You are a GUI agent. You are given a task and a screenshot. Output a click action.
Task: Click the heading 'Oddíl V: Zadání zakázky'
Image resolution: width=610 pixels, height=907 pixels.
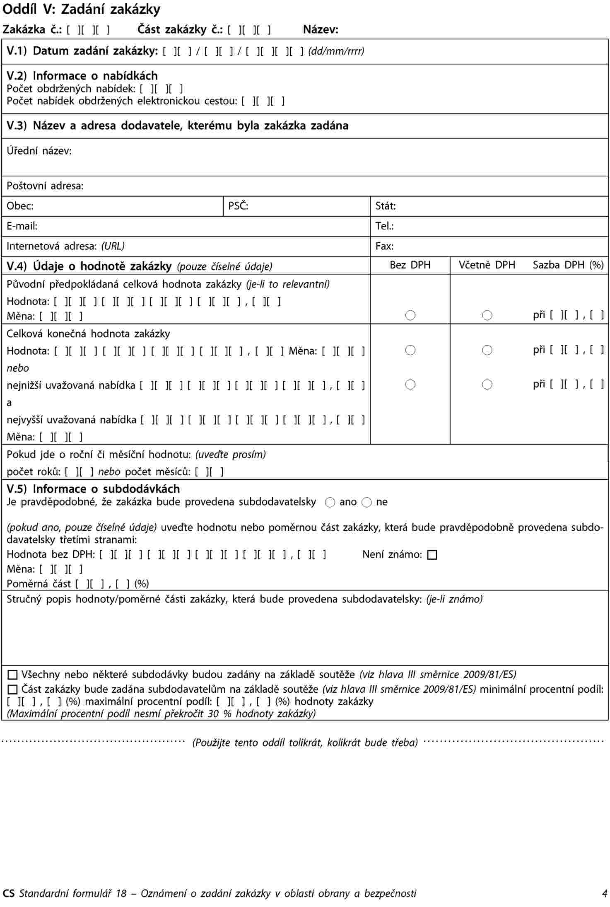click(82, 10)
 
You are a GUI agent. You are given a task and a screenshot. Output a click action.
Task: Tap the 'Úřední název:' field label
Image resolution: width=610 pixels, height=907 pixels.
click(39, 151)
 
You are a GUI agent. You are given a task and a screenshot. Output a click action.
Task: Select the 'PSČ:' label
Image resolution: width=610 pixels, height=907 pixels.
click(238, 206)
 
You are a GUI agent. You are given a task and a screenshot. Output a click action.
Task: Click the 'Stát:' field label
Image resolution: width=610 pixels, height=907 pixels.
click(386, 206)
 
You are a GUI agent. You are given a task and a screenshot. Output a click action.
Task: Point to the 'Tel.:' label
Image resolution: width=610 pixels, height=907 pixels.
click(384, 226)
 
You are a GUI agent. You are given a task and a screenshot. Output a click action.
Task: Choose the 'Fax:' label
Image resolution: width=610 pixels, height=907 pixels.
click(384, 247)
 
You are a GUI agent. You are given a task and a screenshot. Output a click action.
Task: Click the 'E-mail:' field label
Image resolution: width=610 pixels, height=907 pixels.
click(22, 226)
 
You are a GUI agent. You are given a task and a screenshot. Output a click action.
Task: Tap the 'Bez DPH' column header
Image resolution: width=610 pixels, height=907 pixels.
click(410, 265)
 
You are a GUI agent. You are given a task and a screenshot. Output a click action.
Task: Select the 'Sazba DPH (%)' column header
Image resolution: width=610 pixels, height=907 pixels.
click(568, 265)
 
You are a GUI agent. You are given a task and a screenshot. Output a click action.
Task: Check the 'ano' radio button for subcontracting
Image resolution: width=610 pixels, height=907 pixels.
click(330, 503)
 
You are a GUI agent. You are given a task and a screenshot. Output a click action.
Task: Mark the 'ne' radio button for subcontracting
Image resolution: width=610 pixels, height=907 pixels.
click(366, 503)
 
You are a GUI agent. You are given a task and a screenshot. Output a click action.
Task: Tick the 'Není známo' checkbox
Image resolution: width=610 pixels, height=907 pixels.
click(432, 555)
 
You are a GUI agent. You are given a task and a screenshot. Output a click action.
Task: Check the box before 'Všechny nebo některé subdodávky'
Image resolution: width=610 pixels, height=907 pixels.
click(13, 675)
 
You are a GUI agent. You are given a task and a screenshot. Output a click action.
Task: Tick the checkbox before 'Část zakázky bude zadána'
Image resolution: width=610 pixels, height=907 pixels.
click(13, 689)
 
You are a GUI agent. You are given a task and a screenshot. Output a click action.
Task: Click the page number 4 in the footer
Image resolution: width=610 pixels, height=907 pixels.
click(605, 893)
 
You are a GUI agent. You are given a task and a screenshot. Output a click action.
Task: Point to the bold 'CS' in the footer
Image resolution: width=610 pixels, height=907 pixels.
click(9, 893)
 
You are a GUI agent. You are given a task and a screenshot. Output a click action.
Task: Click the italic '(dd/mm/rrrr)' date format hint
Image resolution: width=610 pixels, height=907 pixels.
click(336, 51)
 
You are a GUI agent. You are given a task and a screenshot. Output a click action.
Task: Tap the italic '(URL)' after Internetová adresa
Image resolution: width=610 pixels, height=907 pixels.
click(113, 247)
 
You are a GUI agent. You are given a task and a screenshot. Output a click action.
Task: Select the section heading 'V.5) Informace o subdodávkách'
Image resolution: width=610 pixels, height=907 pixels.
click(93, 489)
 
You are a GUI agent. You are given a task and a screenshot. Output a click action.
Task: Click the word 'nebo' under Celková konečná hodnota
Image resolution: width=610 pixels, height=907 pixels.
click(18, 368)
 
